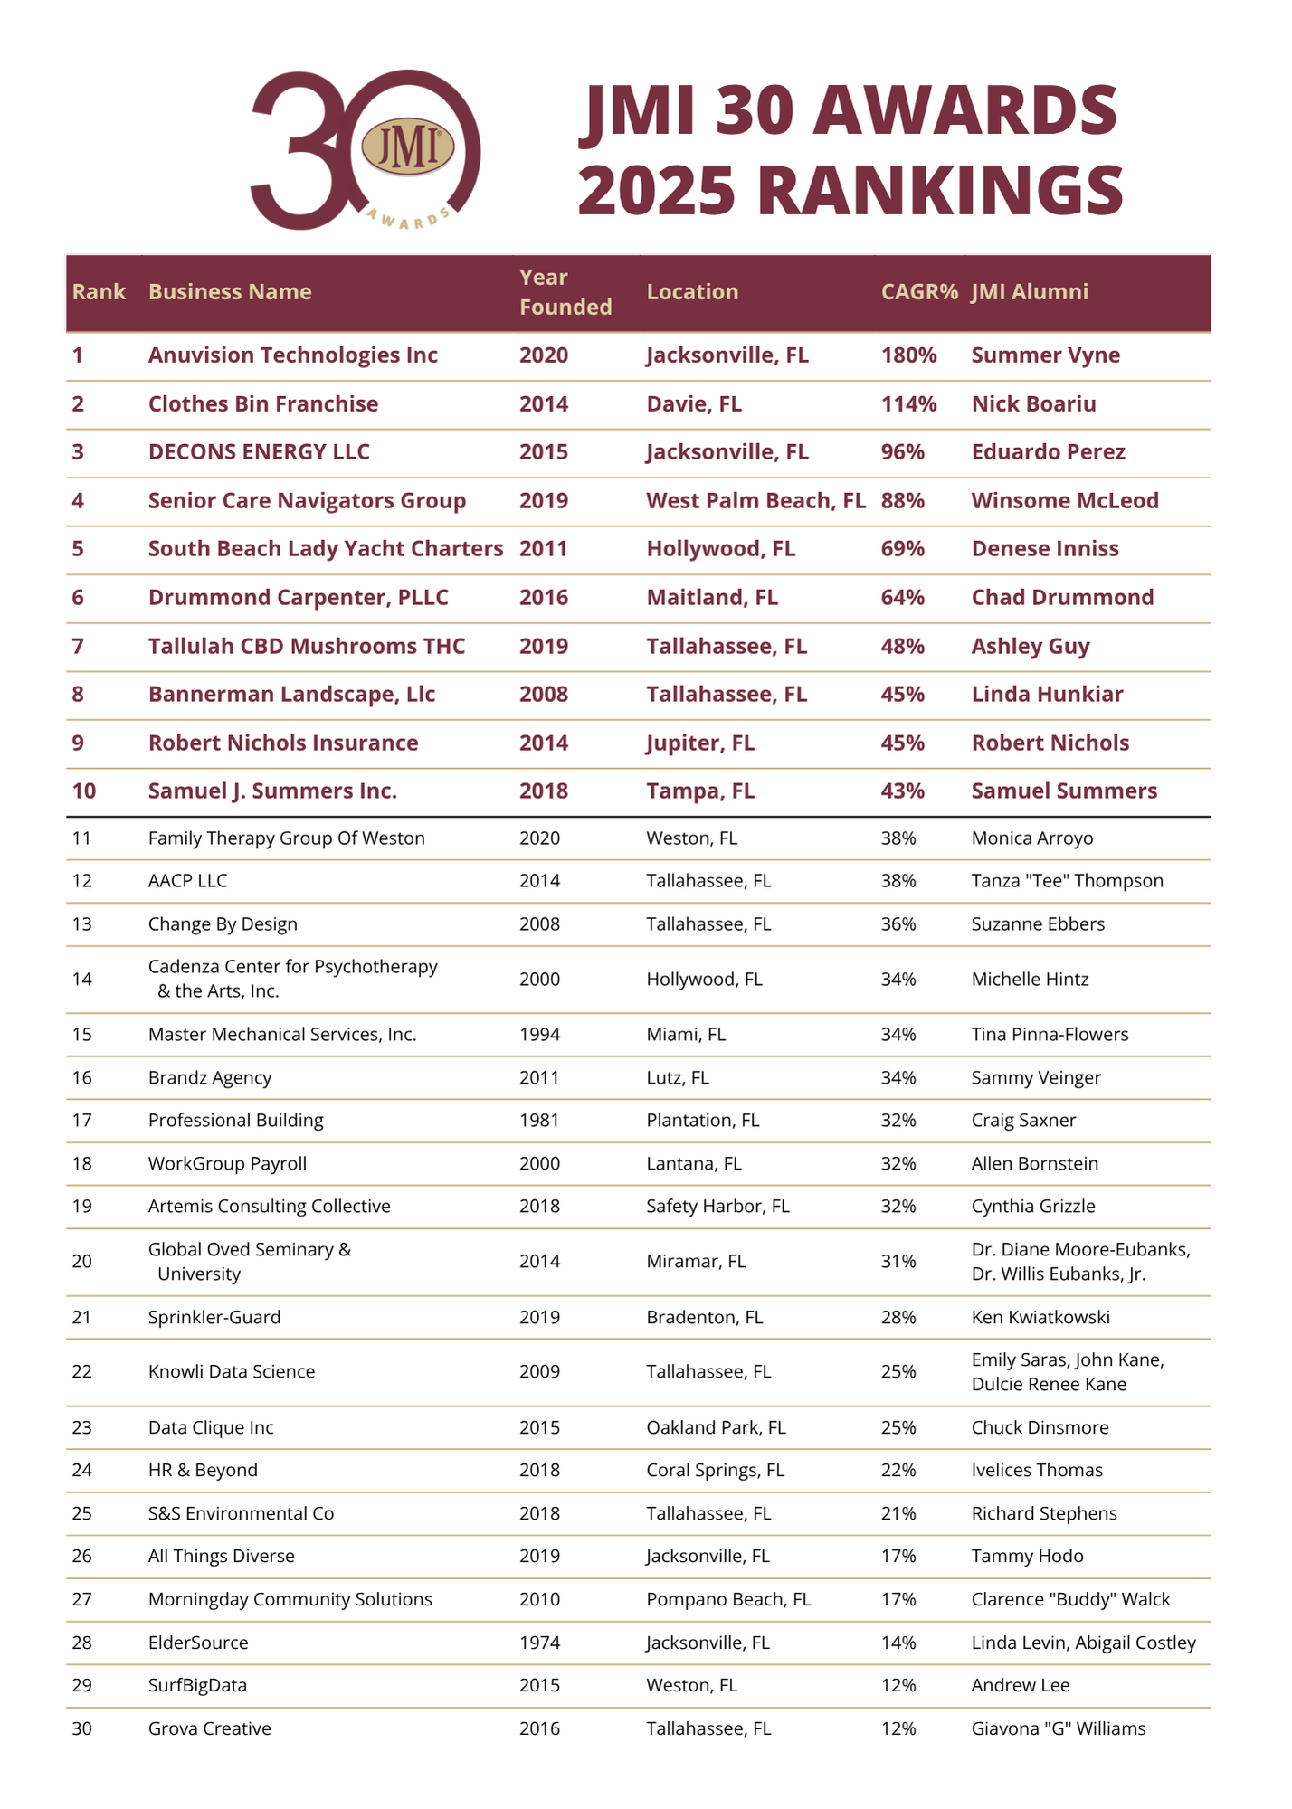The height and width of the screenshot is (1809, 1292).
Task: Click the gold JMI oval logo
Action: tap(407, 148)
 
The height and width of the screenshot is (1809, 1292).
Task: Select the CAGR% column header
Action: tap(918, 292)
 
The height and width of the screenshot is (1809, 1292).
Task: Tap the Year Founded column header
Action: tap(565, 292)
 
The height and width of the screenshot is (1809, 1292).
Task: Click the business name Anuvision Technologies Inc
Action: tap(292, 355)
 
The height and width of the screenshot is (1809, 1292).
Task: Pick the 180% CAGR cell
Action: tap(908, 355)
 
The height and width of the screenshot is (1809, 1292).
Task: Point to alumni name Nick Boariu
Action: tap(1033, 404)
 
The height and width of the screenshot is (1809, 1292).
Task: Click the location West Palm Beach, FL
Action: tap(755, 501)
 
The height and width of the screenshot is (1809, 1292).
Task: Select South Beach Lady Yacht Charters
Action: tap(325, 549)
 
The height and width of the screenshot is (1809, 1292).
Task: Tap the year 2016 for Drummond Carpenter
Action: tap(543, 598)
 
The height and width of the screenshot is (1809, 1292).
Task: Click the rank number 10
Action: tap(84, 791)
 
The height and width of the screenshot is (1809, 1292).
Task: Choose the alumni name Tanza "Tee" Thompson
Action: tap(1067, 881)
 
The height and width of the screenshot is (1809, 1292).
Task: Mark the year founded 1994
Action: tap(539, 1035)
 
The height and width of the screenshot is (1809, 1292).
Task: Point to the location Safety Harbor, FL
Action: tap(717, 1207)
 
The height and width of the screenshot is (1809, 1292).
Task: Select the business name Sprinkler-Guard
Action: tap(214, 1318)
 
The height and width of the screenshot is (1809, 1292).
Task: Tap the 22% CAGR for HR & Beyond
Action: tap(898, 1471)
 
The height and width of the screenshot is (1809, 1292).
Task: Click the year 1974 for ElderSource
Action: tap(539, 1643)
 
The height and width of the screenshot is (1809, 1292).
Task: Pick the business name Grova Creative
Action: tap(209, 1729)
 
